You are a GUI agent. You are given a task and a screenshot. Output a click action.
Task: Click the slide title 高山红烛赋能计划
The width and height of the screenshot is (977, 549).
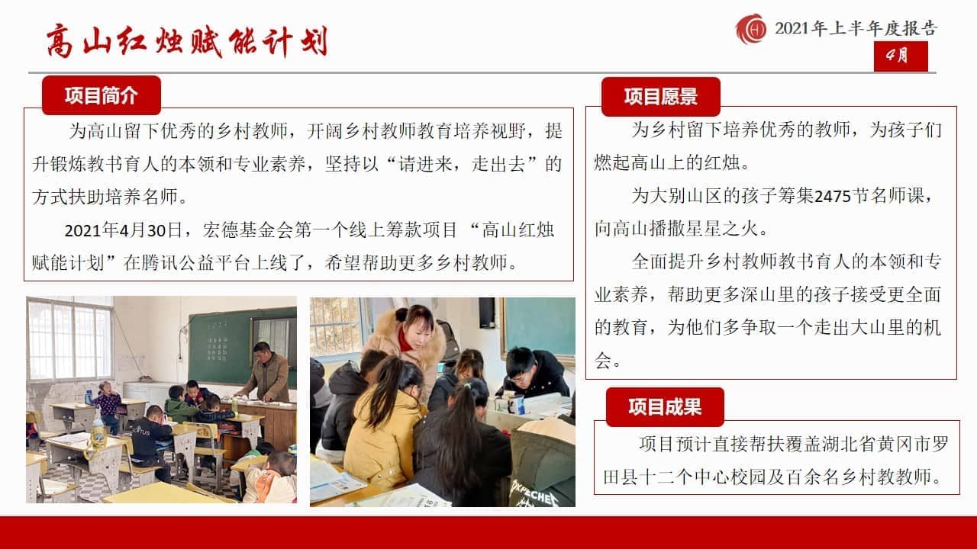click(187, 42)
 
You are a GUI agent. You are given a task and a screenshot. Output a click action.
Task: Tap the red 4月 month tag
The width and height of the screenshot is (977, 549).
click(901, 56)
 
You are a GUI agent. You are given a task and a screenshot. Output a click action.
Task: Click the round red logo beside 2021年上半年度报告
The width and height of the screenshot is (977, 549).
click(751, 29)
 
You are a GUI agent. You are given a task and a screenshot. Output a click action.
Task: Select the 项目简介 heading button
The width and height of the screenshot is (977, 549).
click(102, 95)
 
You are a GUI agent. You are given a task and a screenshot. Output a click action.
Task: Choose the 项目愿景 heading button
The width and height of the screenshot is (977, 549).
click(661, 97)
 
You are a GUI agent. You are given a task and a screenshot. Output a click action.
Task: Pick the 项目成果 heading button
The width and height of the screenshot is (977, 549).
click(665, 407)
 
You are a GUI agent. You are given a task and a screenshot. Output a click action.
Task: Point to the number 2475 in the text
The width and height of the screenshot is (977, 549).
click(833, 197)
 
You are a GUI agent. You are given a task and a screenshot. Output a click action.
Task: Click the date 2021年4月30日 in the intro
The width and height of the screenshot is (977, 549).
click(123, 230)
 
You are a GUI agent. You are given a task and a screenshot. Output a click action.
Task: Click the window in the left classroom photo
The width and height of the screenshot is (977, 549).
click(69, 339)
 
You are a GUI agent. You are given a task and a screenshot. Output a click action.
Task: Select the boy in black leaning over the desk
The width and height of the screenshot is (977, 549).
click(534, 373)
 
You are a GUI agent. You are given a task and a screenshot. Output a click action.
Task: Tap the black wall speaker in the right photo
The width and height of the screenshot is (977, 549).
click(487, 313)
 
